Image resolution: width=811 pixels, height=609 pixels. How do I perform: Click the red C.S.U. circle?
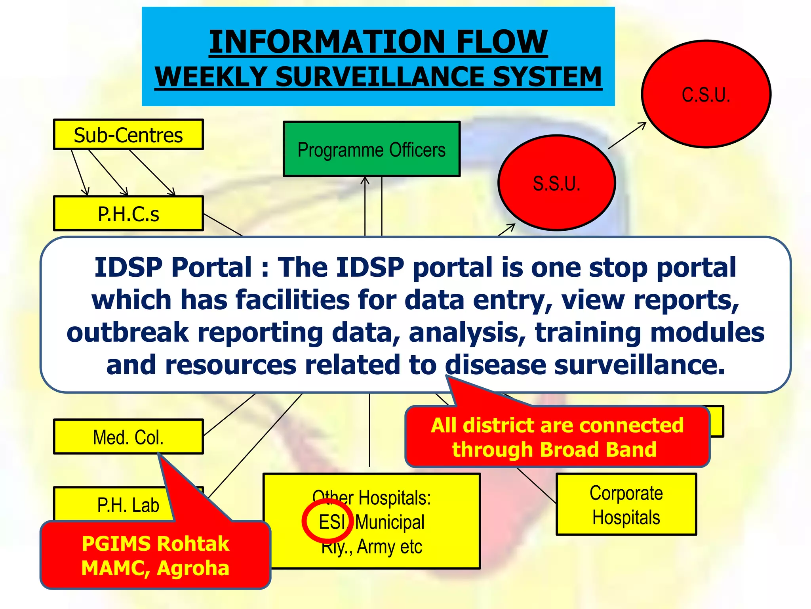point(706,94)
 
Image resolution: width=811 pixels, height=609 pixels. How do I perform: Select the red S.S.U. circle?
point(556,183)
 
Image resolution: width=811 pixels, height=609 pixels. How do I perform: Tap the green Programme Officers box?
point(371,149)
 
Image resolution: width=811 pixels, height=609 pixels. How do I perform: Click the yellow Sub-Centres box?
point(128,135)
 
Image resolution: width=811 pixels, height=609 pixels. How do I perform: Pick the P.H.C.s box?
point(128,214)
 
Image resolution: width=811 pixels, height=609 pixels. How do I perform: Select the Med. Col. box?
point(128,437)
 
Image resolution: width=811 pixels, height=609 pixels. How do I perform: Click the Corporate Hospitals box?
point(626,505)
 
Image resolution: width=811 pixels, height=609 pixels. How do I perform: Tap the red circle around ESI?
point(327,521)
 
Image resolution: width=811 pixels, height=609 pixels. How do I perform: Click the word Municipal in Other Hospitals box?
point(390,522)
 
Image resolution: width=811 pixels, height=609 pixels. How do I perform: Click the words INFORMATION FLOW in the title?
point(378,42)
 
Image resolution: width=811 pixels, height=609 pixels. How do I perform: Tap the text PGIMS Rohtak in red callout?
point(155,543)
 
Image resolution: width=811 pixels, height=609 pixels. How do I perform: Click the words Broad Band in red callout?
point(598,450)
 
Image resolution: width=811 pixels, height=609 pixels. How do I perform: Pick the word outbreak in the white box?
point(128,332)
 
